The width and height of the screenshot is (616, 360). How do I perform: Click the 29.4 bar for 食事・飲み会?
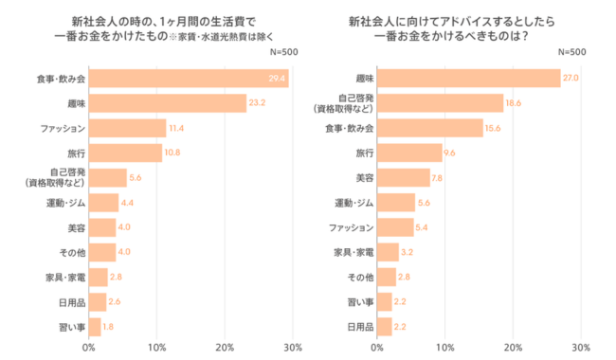[x=189, y=79]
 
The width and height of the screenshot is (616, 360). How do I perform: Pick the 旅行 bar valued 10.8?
[x=125, y=153]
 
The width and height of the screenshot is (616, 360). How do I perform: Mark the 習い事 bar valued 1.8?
[x=95, y=327]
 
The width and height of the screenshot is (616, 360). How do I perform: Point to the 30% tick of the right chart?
[x=582, y=348]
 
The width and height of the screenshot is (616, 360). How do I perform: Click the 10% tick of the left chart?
[x=156, y=348]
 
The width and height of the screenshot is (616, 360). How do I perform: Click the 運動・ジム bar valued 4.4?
[x=103, y=202]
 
